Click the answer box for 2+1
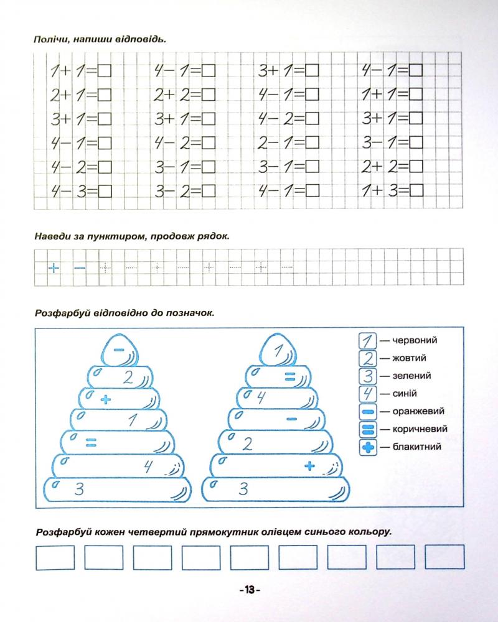[105, 95]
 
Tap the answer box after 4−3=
[105, 190]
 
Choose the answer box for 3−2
[209, 190]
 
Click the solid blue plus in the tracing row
[55, 268]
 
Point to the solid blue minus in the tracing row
[80, 268]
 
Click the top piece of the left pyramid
[118, 350]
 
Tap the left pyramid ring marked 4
[118, 465]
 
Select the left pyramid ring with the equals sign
[118, 442]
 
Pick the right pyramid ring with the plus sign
[277, 465]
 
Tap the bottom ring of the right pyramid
[277, 488]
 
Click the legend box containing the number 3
[368, 376]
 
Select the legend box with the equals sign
[368, 429]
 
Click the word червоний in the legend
[415, 340]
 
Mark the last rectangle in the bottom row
[444, 557]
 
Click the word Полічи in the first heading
[51, 40]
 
